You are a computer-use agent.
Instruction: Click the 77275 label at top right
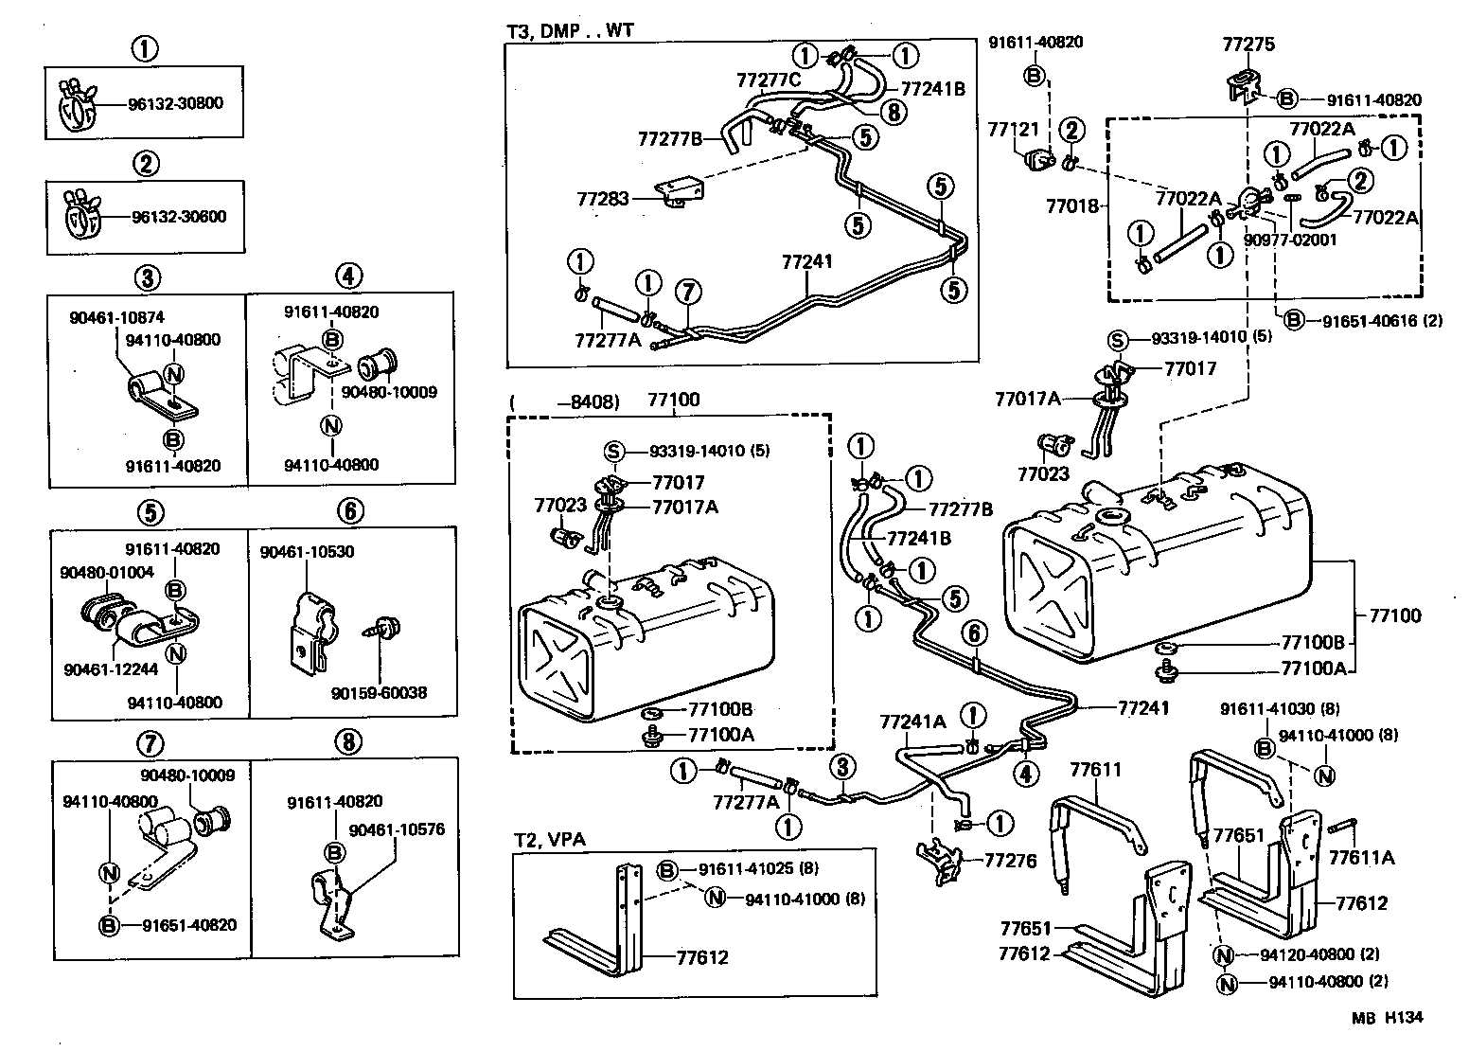[1248, 44]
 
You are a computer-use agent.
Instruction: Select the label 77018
[1071, 205]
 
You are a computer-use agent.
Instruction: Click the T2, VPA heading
[546, 840]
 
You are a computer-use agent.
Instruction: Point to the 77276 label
[1011, 861]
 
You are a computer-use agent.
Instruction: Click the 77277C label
[769, 80]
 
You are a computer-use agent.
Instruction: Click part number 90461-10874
[117, 319]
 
